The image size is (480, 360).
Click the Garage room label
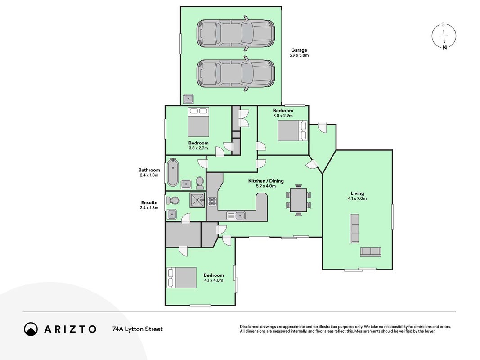coord(299,50)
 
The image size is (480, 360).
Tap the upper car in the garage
coord(235,33)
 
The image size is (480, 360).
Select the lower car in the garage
coord(235,73)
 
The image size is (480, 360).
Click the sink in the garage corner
coord(188,99)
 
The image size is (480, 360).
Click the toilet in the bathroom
coord(200,183)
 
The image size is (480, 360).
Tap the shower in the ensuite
coord(197,200)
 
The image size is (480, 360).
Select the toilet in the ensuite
coord(173,201)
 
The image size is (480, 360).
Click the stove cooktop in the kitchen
coord(212,202)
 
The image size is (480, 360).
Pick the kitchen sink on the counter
coord(236,216)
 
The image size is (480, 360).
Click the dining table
coord(298,200)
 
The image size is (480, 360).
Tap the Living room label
coord(357,193)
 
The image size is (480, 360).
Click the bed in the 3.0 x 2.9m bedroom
coord(292,130)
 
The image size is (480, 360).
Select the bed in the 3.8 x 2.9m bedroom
coord(198,122)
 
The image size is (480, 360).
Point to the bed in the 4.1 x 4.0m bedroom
coord(182,278)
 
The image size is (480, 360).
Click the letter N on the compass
coord(445,47)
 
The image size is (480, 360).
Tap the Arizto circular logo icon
coord(31,329)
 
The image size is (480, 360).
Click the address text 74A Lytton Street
coord(138,329)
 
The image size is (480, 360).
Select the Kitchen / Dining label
coord(266,181)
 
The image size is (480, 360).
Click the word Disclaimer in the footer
coord(249,327)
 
